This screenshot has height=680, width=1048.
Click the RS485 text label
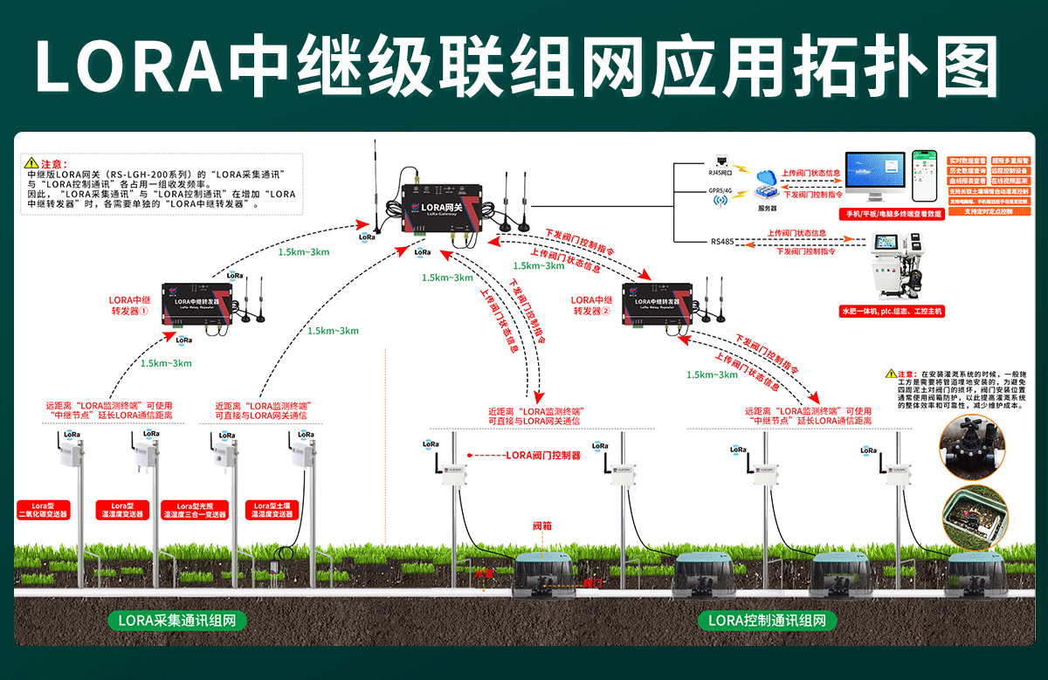click(722, 242)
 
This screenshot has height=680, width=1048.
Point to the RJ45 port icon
click(721, 161)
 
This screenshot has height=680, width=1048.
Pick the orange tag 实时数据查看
click(967, 161)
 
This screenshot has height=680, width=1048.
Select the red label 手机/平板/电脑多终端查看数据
click(890, 214)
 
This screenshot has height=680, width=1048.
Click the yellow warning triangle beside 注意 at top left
click(32, 163)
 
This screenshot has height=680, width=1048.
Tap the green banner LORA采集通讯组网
click(176, 621)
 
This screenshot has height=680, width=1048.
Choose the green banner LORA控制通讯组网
click(767, 621)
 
